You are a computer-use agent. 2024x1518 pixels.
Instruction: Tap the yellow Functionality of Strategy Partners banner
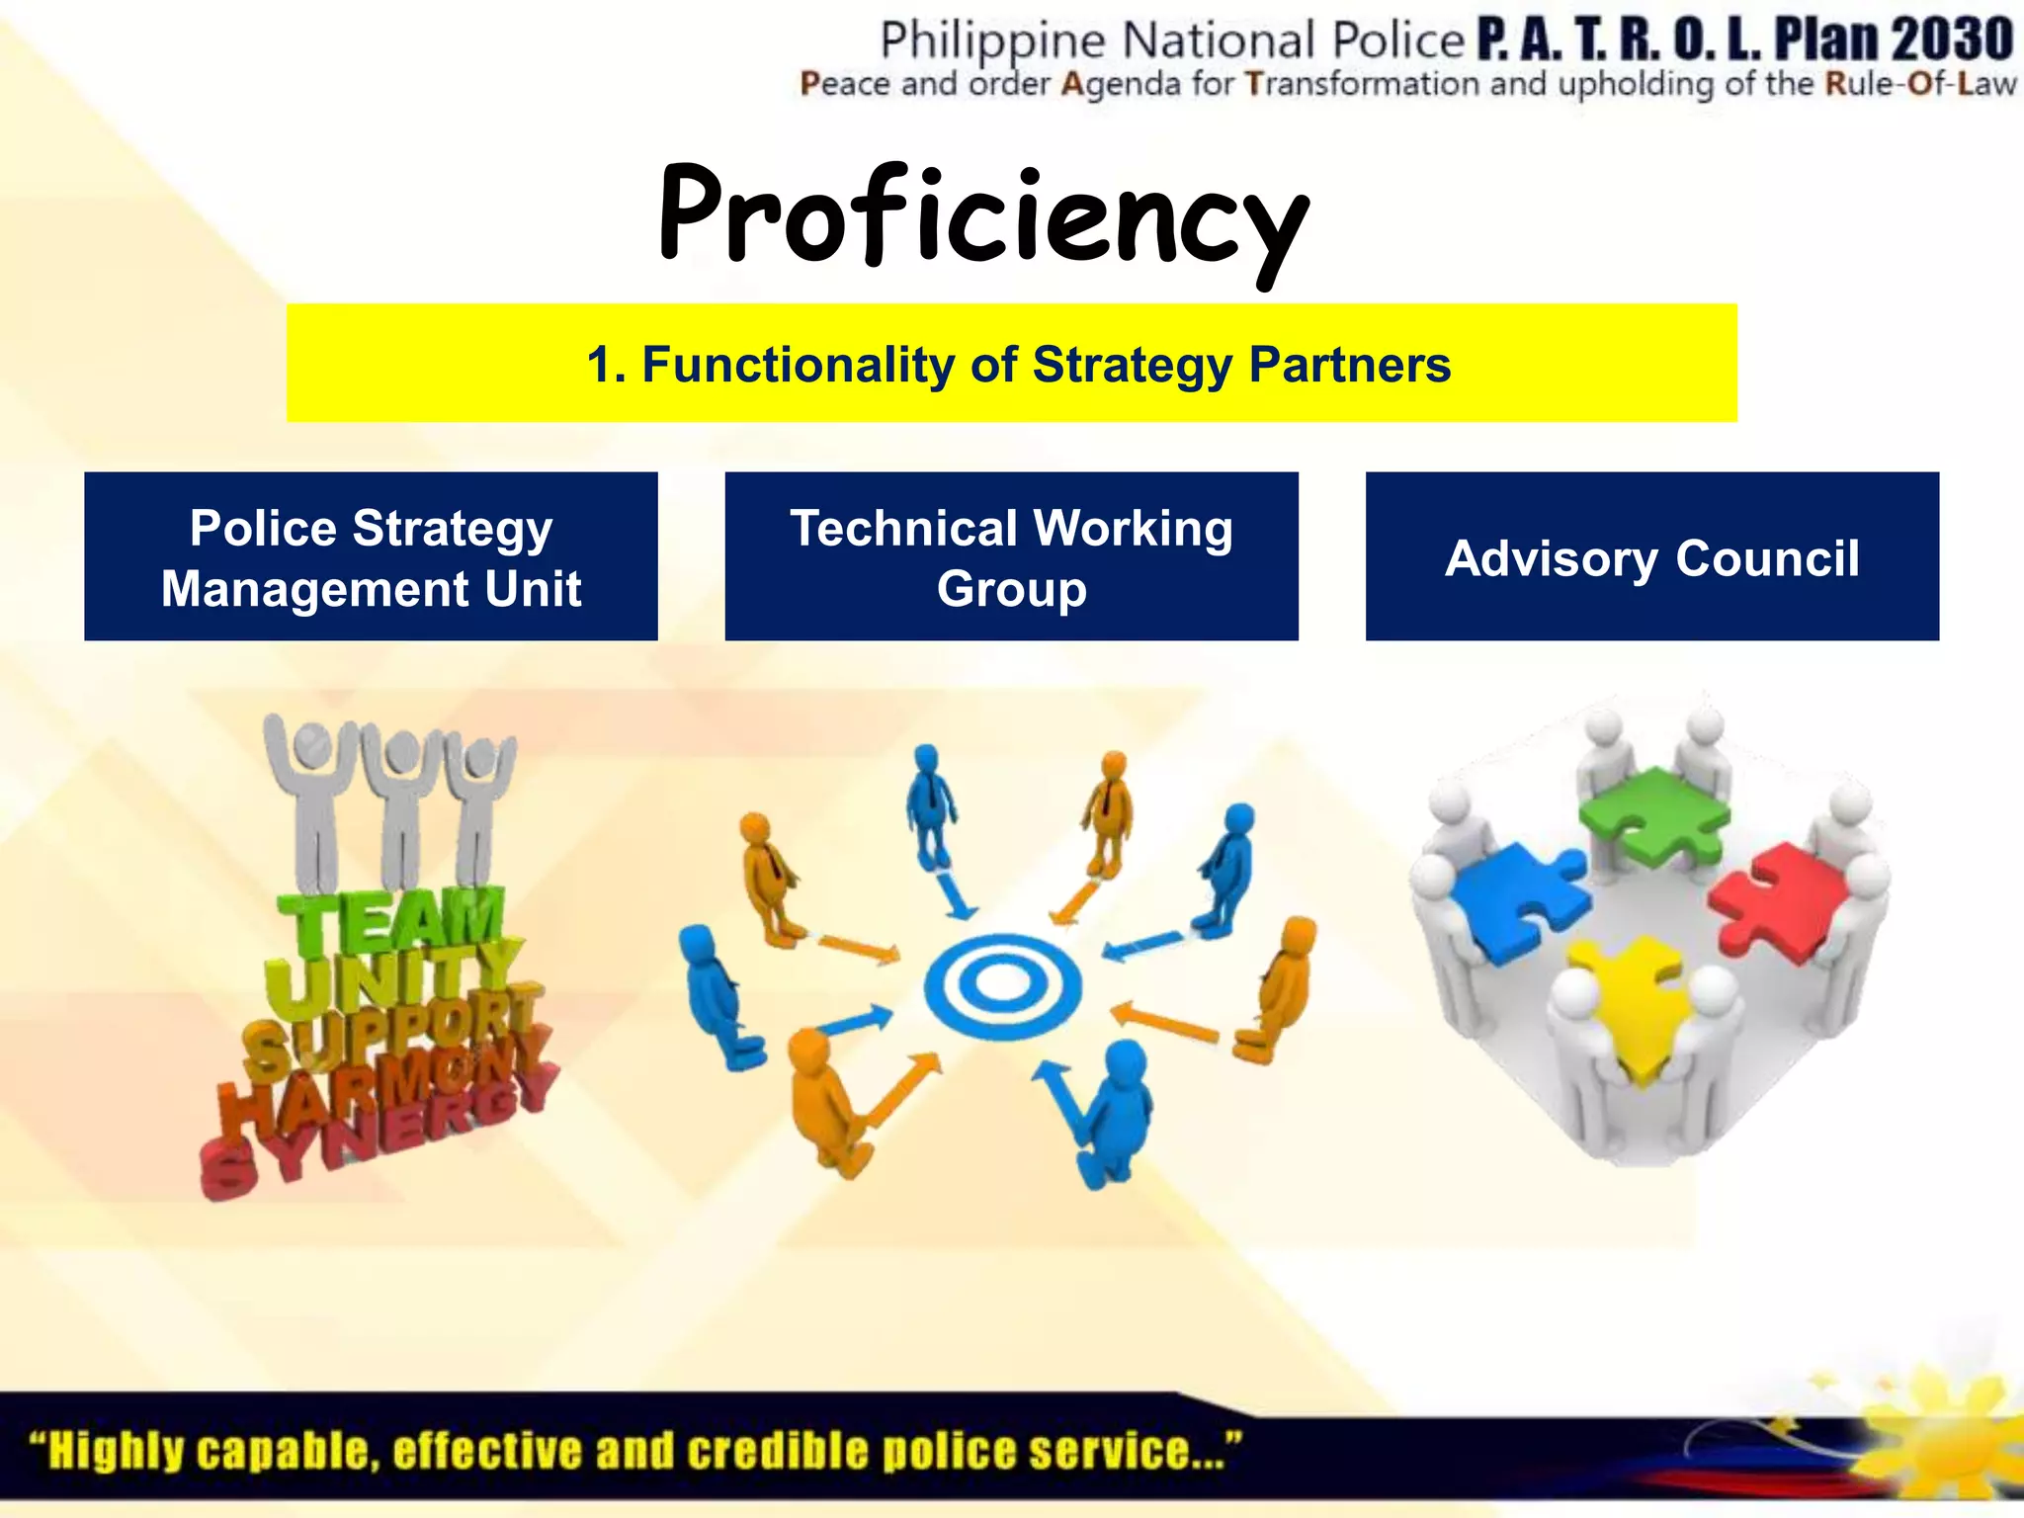pos(1011,364)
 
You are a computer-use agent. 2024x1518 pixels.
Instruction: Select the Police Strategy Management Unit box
pos(371,556)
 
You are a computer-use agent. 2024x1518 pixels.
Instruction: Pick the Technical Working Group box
pos(1011,556)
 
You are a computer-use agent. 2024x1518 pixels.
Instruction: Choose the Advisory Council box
pos(1651,556)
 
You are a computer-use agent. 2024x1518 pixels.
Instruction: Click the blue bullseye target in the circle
pos(1002,984)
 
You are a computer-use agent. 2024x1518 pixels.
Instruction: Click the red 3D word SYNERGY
pos(376,1137)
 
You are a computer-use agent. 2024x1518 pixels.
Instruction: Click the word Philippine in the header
pos(992,42)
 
